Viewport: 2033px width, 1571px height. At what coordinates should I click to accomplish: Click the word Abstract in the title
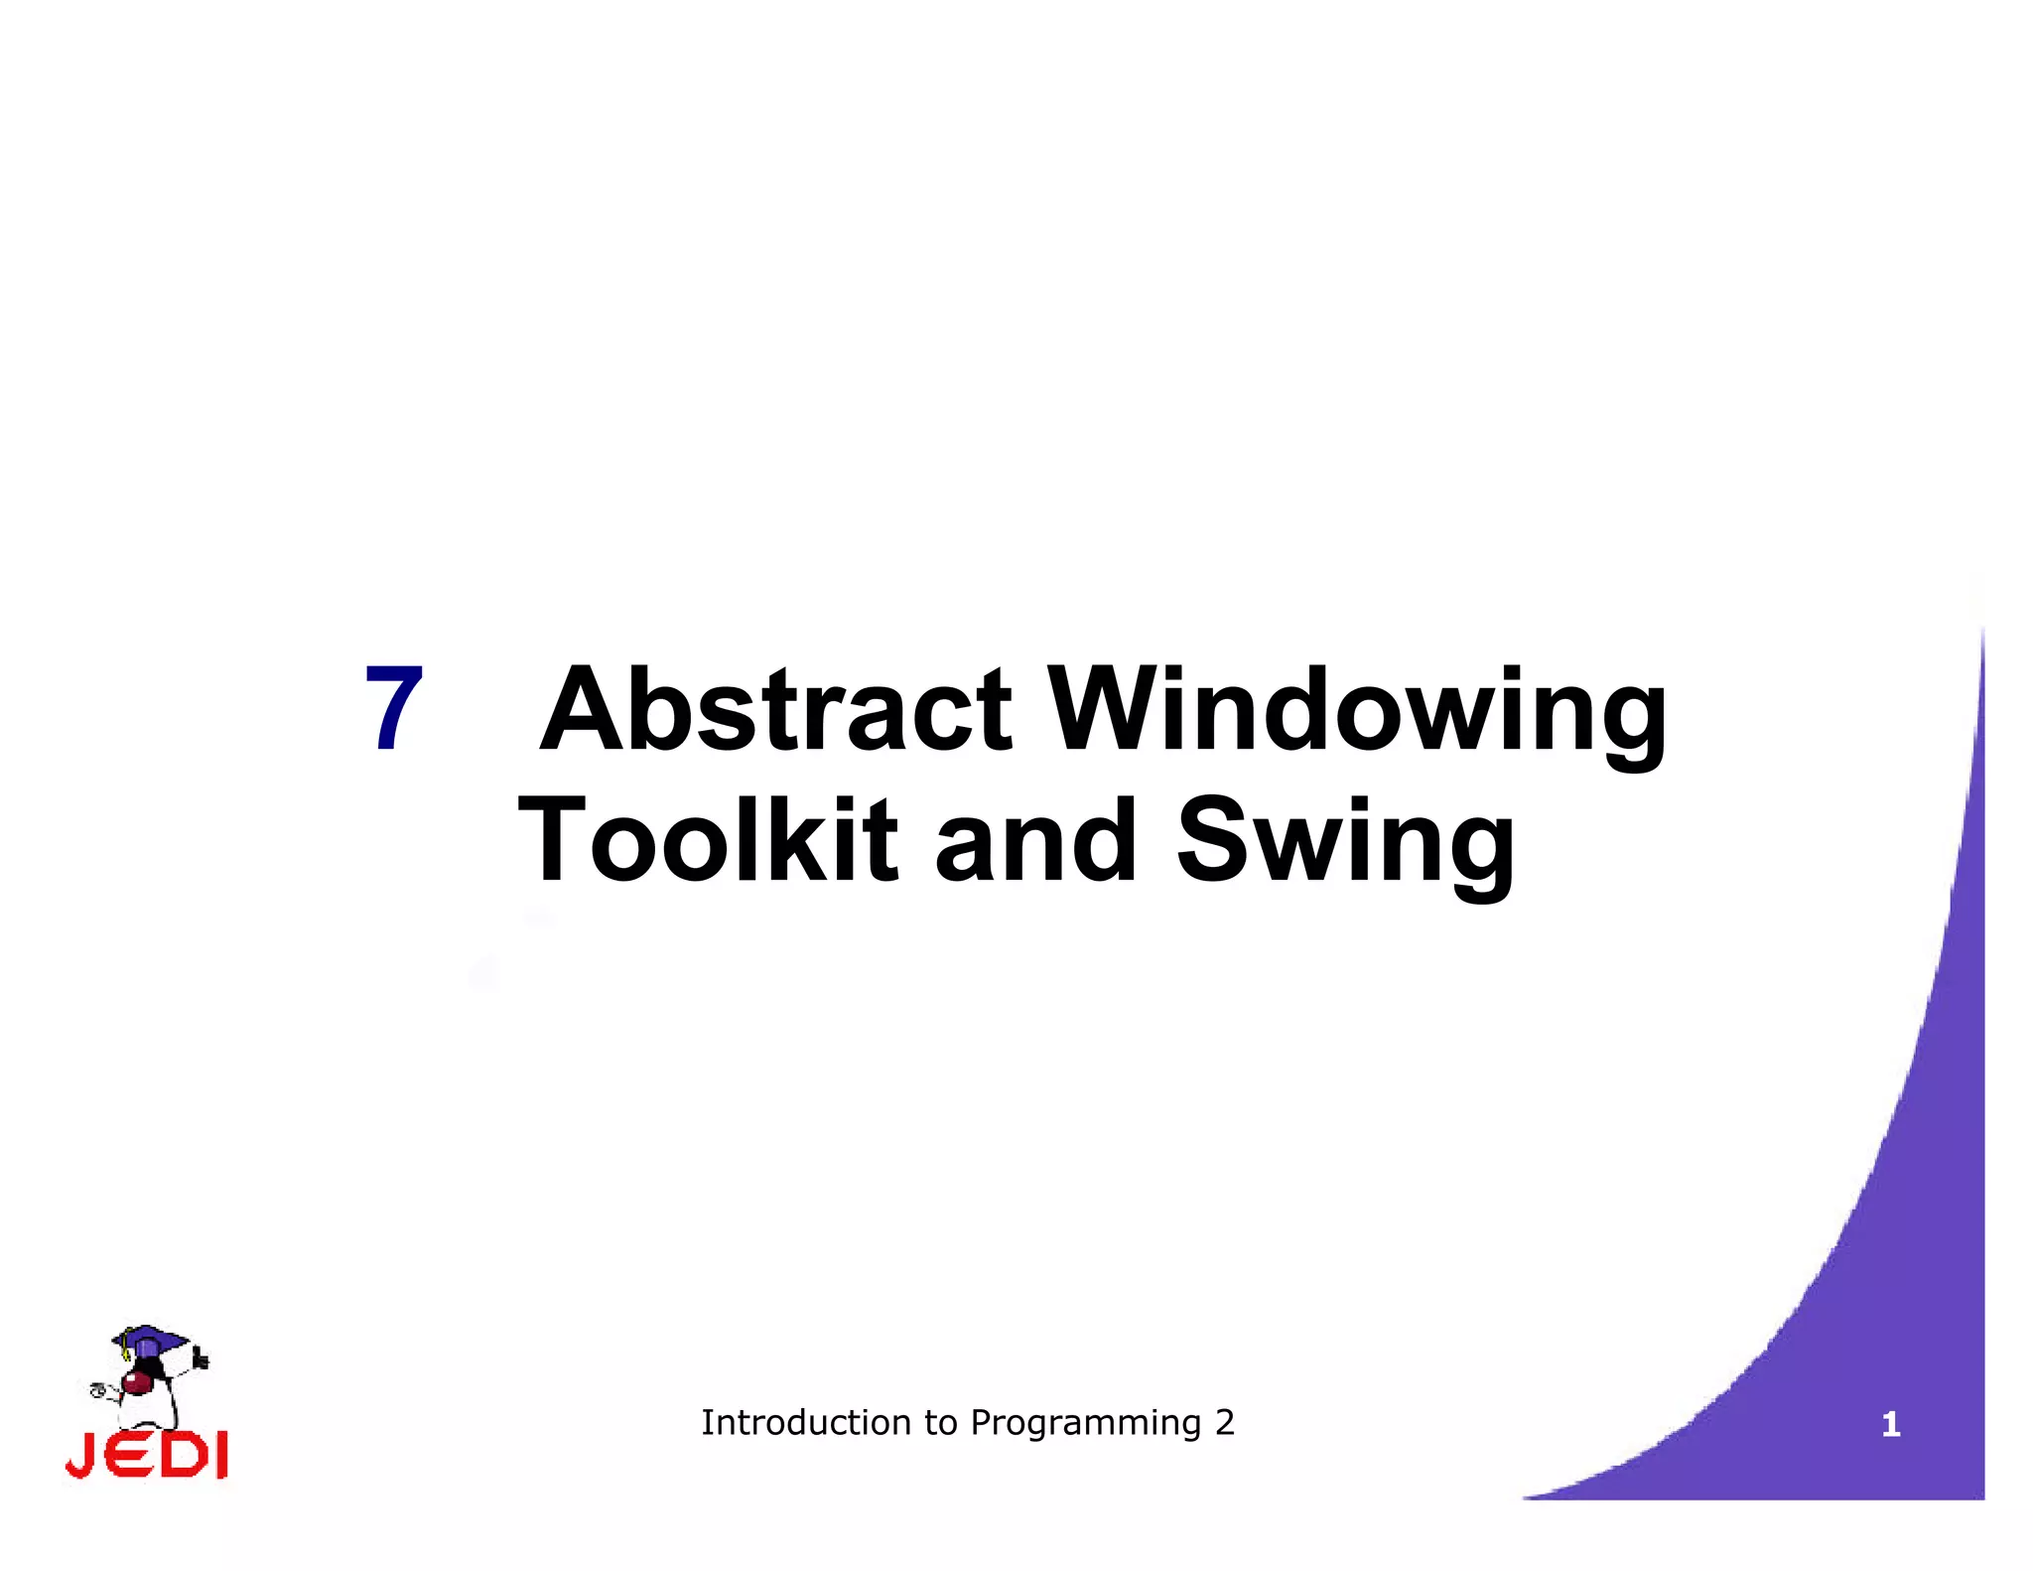pyautogui.click(x=776, y=709)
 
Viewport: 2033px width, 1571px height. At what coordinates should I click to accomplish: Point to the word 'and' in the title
pyautogui.click(x=1035, y=840)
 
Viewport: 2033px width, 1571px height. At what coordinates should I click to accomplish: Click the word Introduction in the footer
pyautogui.click(x=806, y=1422)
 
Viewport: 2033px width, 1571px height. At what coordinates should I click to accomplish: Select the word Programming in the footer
pyautogui.click(x=1086, y=1424)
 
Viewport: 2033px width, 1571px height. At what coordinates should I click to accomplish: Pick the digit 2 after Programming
pyautogui.click(x=1225, y=1422)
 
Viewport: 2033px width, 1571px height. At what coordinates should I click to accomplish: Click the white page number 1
pyautogui.click(x=1890, y=1425)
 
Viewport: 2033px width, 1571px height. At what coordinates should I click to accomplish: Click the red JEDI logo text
pyautogui.click(x=147, y=1455)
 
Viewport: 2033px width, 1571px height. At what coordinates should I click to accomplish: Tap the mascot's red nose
pyautogui.click(x=134, y=1383)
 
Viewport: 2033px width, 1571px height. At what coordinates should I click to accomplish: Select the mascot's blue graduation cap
pyautogui.click(x=149, y=1339)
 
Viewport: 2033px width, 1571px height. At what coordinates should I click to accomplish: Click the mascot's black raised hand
pyautogui.click(x=202, y=1357)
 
